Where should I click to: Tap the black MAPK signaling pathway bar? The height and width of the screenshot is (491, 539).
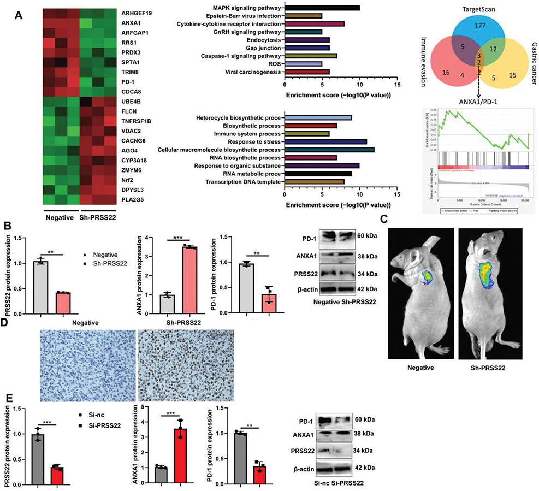click(322, 8)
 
